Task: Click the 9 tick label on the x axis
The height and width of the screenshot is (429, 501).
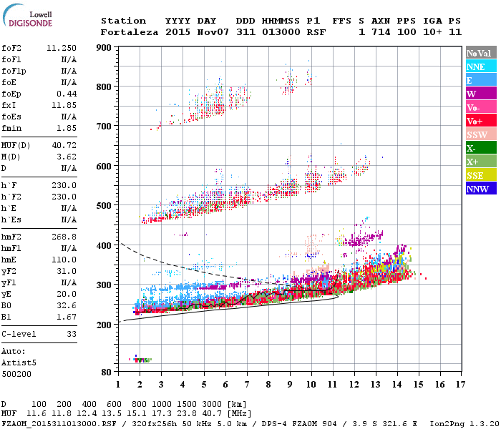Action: [x=290, y=385]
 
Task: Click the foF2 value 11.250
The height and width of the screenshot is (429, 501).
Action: [x=62, y=47]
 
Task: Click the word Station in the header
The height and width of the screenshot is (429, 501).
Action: [x=123, y=21]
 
